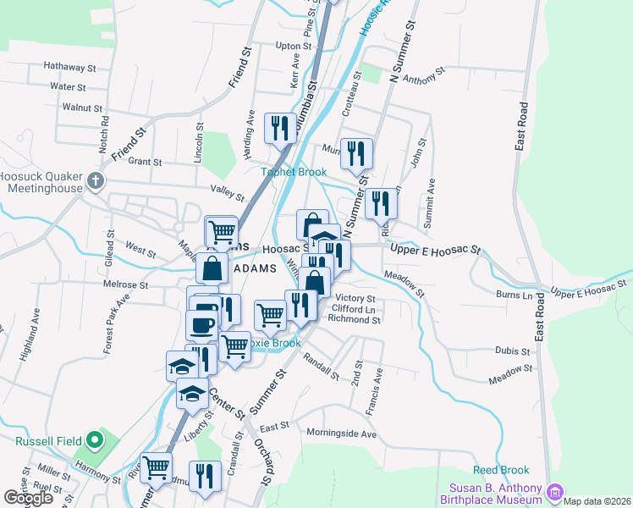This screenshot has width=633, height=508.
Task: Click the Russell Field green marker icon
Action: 95,441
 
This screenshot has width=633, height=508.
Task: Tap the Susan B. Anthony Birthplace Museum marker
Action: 555,491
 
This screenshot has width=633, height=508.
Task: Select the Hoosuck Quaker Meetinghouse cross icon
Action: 96,180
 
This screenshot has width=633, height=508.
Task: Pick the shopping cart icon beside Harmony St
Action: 156,467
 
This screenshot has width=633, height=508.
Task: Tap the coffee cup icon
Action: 201,325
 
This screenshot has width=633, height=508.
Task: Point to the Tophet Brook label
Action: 293,172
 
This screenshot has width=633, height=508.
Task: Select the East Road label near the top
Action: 522,127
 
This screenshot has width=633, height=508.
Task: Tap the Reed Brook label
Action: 501,470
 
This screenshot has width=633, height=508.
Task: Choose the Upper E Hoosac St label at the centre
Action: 435,251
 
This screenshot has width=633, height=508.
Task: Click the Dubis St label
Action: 512,351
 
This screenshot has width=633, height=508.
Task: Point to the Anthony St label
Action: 424,78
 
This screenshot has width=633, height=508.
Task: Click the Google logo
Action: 29,498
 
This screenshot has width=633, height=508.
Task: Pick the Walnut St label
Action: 82,108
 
